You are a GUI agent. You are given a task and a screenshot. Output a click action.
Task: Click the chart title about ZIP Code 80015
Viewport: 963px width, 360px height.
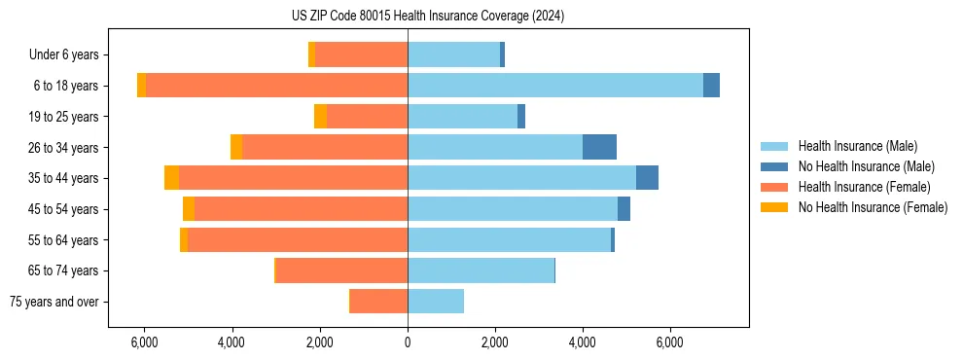[x=427, y=17]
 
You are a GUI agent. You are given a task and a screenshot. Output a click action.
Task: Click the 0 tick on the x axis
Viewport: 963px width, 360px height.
[x=408, y=342]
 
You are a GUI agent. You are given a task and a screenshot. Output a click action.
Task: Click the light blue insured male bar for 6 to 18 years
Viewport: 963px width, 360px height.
[x=554, y=86]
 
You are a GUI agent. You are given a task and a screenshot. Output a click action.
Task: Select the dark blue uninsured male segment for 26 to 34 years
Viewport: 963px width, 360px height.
[x=599, y=147]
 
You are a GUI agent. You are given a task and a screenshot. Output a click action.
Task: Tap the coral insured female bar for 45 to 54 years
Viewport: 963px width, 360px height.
[x=301, y=209]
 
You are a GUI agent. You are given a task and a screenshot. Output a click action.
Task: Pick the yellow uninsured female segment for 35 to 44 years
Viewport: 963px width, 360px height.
[x=171, y=178]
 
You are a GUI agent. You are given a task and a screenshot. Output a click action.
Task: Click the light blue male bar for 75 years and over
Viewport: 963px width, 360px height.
[x=436, y=302]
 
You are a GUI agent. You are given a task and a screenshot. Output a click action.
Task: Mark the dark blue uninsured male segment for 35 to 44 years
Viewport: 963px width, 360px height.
[x=647, y=178]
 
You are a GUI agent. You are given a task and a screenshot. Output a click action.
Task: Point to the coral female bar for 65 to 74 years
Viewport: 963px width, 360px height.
[x=341, y=270]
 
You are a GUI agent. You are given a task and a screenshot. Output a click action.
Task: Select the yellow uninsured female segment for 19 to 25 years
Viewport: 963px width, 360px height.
[x=320, y=117]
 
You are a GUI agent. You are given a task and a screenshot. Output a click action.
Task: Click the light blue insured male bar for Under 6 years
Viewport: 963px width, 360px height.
[x=453, y=55]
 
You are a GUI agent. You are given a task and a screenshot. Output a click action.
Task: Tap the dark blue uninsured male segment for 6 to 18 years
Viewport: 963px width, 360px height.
[x=711, y=86]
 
